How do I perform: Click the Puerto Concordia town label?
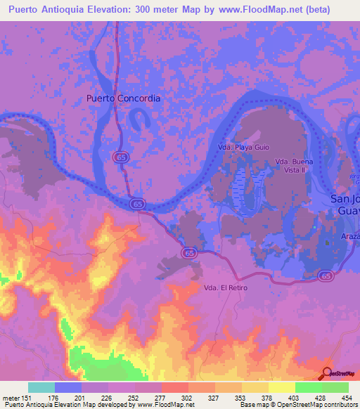[x=123, y=98]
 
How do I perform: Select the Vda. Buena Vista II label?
[x=294, y=166]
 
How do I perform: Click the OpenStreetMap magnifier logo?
[x=327, y=373]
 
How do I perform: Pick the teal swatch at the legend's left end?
[x=41, y=387]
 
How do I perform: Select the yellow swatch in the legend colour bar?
[x=282, y=387]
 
